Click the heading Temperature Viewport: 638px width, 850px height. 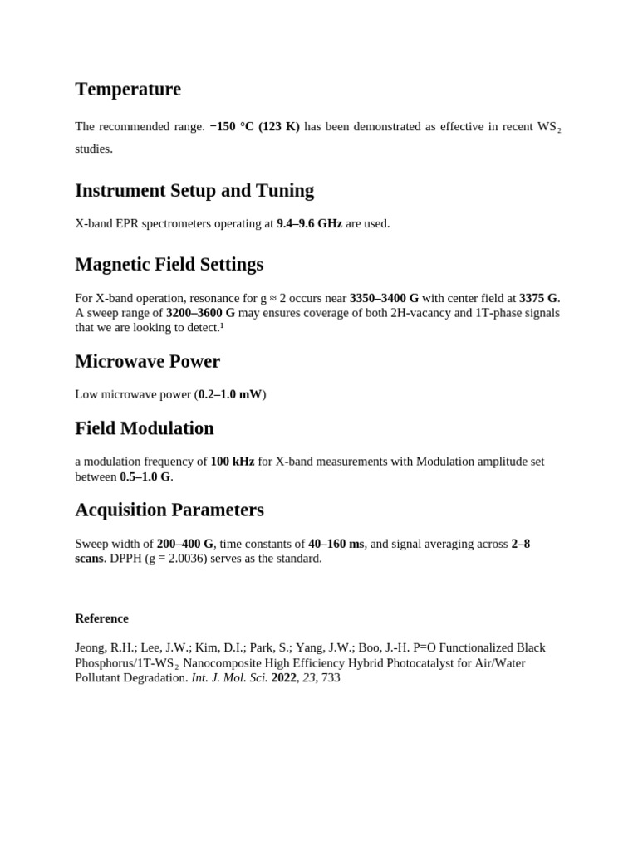[127, 89]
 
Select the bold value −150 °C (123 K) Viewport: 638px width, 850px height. [255, 127]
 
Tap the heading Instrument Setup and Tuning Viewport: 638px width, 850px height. [194, 190]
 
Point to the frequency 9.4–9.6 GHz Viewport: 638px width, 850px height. [309, 223]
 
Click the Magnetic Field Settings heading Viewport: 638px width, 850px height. [169, 264]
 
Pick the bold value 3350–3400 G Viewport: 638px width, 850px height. [384, 298]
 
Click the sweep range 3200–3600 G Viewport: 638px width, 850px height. [200, 313]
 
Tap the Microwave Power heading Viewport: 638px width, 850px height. [147, 361]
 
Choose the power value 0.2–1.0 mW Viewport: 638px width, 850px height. [230, 394]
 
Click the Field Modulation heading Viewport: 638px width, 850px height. [144, 428]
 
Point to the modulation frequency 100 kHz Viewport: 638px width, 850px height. [232, 462]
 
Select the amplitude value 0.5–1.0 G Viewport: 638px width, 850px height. [145, 476]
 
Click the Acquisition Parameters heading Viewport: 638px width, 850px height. [169, 510]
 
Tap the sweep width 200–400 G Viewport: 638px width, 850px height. [184, 544]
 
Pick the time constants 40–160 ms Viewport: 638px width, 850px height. [336, 544]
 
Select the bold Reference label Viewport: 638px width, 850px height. [101, 618]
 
